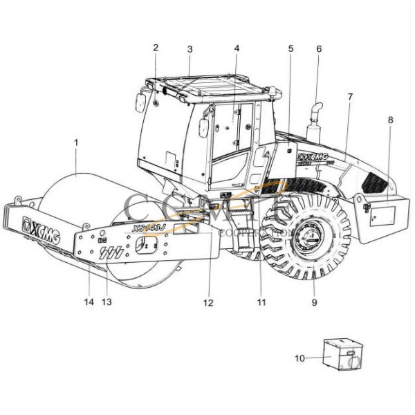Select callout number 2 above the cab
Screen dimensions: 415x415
[156, 48]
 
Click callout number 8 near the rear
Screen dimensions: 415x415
[390, 120]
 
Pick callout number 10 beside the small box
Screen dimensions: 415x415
[299, 358]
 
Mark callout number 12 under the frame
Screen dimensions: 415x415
[209, 303]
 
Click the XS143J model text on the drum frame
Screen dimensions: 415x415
[146, 227]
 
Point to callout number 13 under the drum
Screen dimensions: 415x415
[107, 302]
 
